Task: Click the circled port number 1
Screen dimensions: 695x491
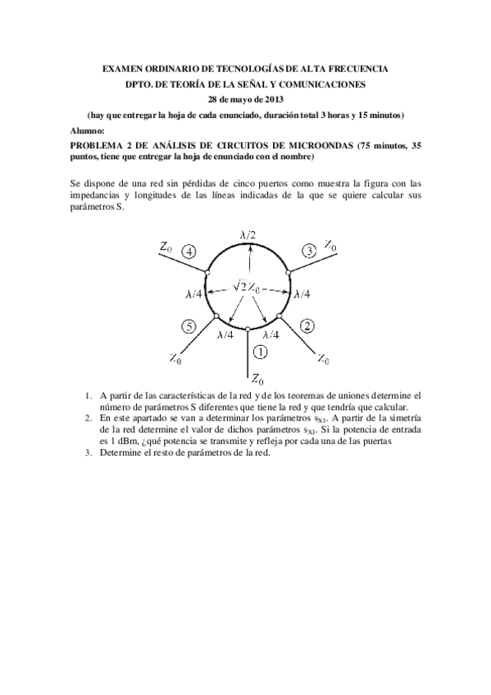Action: [260, 352]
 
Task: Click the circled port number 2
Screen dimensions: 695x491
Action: [307, 326]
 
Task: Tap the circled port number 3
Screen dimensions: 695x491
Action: [309, 250]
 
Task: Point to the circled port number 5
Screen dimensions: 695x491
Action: [189, 327]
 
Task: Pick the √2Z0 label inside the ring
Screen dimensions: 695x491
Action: [247, 287]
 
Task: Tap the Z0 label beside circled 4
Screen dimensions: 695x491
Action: [166, 246]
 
